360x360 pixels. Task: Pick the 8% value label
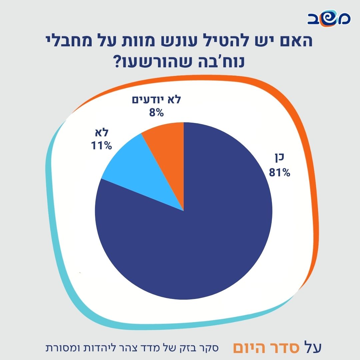156,112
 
